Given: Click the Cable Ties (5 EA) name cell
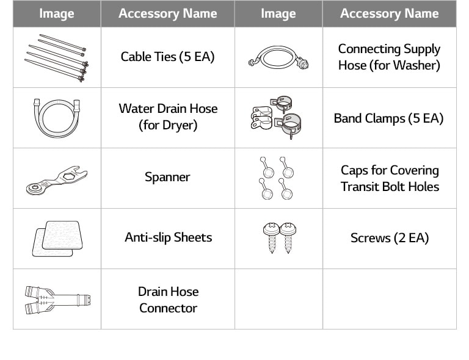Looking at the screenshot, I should coord(167,57).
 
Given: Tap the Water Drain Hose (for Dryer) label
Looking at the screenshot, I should coord(167,117).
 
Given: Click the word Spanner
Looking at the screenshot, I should coord(167,178).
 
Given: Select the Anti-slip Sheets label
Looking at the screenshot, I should coord(167,237).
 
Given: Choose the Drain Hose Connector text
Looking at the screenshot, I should coord(167,300).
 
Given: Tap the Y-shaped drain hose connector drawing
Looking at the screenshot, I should coord(56,298).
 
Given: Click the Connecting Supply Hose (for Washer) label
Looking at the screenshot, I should coord(389,57).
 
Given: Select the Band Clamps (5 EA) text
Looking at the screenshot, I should coord(389,118).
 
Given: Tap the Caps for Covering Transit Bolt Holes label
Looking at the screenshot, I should coord(389,178).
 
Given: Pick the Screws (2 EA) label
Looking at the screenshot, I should coord(389,238).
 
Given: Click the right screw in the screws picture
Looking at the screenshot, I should coord(287,237).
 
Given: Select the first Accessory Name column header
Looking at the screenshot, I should coord(167,13).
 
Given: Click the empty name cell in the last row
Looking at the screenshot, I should coord(389,299).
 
